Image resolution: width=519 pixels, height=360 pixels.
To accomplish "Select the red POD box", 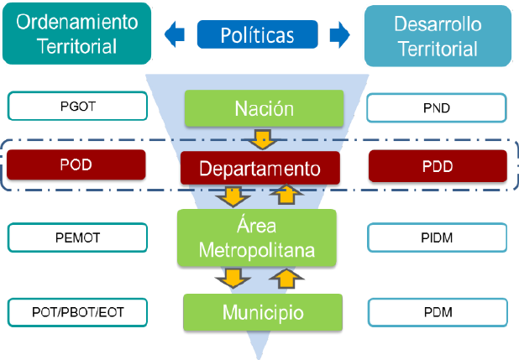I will pos(76,164).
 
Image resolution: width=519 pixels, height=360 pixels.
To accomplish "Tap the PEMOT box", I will pos(76,237).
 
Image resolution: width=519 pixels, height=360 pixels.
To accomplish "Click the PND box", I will pos(437,107).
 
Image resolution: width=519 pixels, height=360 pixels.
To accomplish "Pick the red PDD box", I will pos(438,165).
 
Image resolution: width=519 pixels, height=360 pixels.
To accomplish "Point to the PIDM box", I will pos(437,237).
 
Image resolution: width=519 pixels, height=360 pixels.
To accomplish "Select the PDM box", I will pos(437,312).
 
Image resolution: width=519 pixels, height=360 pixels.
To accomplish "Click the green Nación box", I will pos(264,109).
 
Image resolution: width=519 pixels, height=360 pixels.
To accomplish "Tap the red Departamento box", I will pos(259,168).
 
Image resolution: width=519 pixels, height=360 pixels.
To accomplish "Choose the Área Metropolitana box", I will pos(257,237).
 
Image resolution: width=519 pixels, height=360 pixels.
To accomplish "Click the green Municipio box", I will pos(263,312).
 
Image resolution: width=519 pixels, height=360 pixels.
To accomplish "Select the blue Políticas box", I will pos(257,34).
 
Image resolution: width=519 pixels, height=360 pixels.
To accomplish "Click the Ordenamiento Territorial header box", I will pos(76,34).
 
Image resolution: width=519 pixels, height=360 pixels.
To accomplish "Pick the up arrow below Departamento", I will pos(286,196).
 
